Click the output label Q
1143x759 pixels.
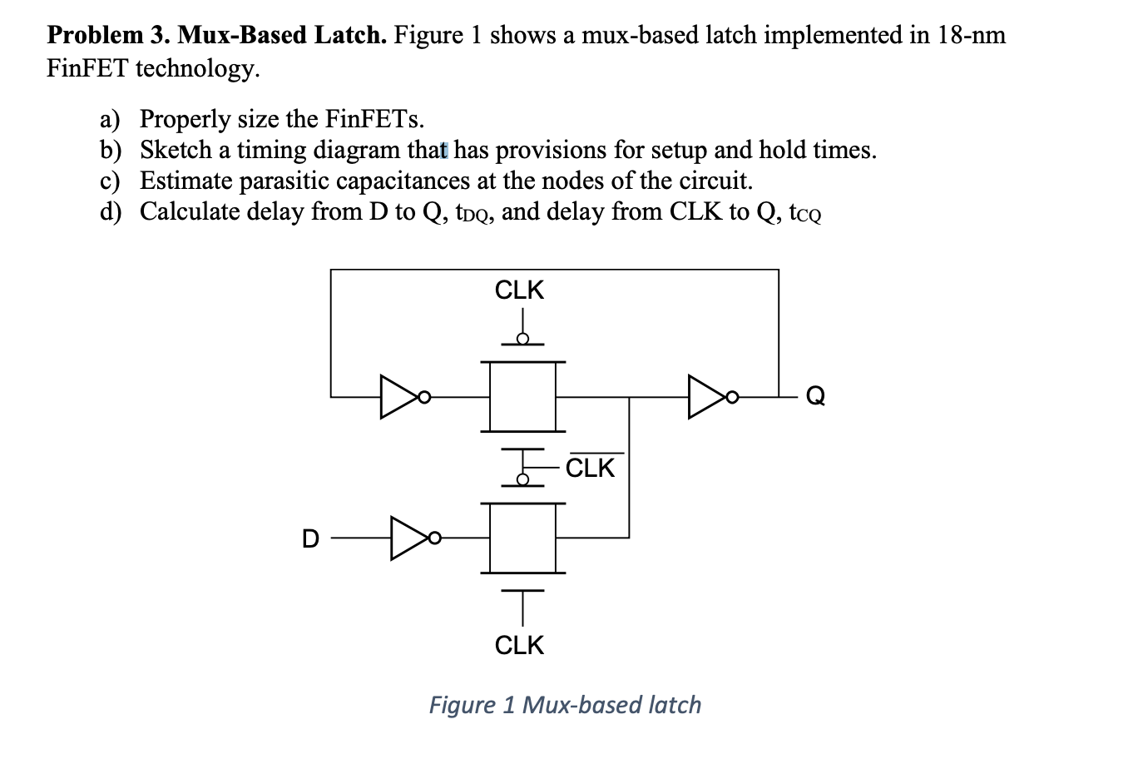coord(815,397)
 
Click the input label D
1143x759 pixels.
coord(309,539)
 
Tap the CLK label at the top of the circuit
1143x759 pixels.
coord(519,290)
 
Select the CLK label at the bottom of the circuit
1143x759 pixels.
coord(519,645)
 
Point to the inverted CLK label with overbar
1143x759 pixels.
coord(590,468)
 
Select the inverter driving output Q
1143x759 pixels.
coord(710,397)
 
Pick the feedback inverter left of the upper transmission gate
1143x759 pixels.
coord(402,397)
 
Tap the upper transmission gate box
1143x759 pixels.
coord(522,396)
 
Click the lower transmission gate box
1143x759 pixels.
coord(522,538)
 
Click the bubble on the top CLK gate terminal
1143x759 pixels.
coord(522,338)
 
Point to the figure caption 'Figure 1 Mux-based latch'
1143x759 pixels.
coord(565,705)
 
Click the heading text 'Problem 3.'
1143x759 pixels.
coord(107,35)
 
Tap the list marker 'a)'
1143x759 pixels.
coord(110,119)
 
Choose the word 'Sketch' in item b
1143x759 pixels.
coord(176,150)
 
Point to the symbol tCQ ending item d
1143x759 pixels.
coord(804,213)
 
